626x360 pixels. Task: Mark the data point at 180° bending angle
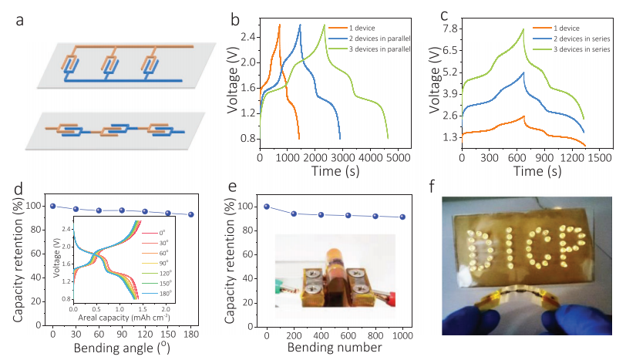tap(190, 215)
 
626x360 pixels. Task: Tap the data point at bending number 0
tap(267, 207)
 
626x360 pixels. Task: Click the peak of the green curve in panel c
tap(524, 29)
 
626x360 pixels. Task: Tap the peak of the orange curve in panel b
tap(279, 25)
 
